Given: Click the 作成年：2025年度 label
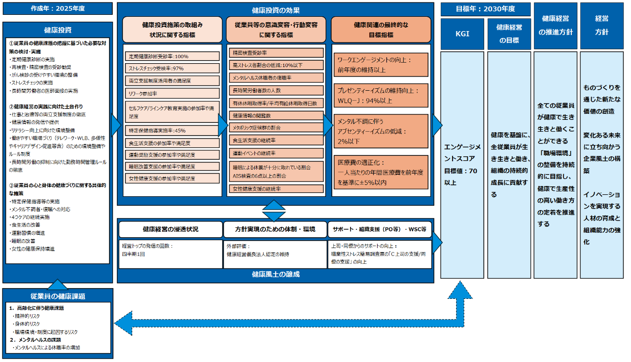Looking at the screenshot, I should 58,8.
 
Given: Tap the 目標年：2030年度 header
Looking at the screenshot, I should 485,9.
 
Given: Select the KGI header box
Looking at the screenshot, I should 462,34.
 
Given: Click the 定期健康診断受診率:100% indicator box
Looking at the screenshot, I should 172,56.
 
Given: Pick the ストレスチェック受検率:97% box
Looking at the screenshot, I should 172,69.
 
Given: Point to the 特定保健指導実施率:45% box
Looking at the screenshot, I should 172,131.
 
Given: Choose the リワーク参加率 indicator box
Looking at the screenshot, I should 172,93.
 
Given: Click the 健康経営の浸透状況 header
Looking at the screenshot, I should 170,229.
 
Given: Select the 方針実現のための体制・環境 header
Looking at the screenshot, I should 275,229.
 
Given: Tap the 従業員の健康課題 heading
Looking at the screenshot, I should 58,296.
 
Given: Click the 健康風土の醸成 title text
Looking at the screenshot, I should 276,274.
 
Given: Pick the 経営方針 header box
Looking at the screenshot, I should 601,25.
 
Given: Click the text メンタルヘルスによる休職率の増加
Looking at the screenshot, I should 47,348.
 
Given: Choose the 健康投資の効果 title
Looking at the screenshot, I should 276,10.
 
